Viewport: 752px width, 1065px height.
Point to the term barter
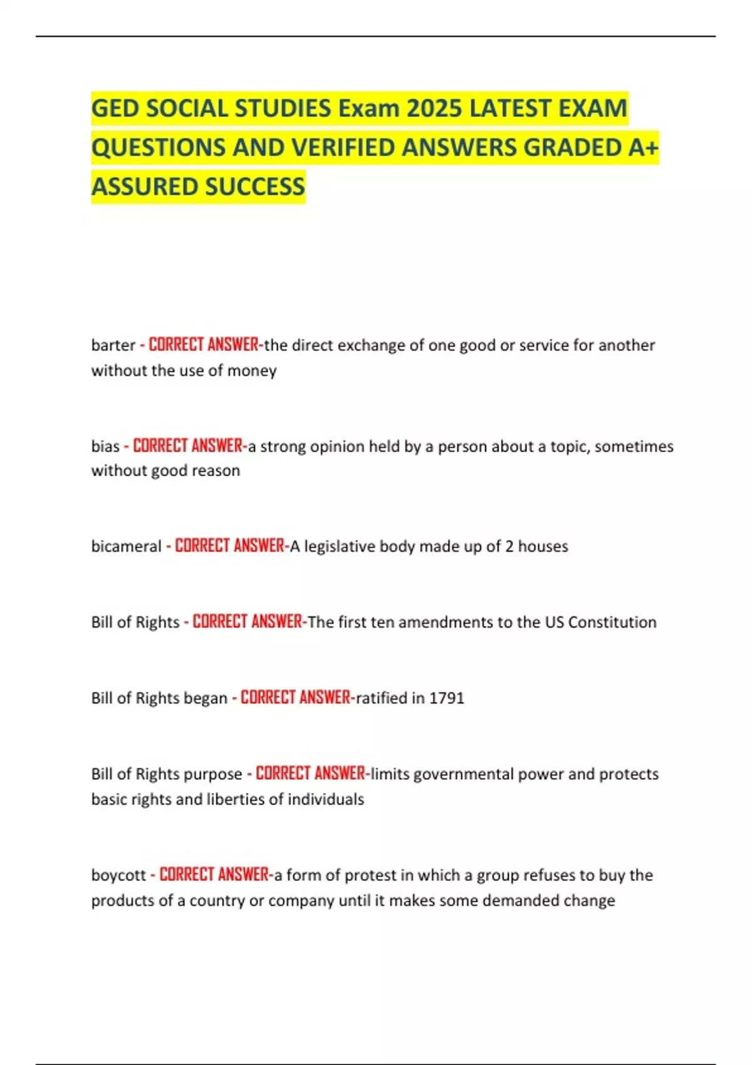113,345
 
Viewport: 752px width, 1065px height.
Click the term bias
105,446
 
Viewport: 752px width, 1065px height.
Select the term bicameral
126,546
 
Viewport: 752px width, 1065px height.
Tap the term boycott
118,875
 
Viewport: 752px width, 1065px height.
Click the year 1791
446,698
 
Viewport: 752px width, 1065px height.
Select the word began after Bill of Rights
206,698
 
